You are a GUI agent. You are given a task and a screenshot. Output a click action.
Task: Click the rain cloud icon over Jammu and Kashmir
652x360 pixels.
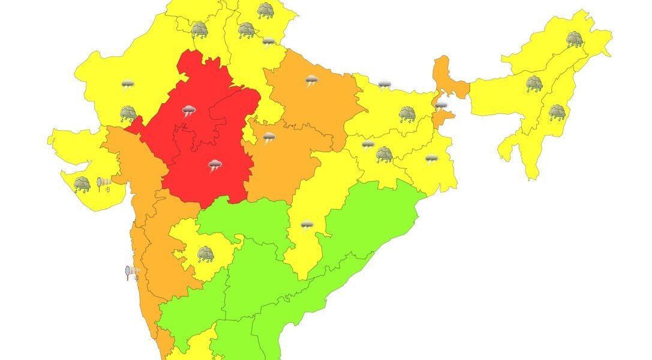[266, 10]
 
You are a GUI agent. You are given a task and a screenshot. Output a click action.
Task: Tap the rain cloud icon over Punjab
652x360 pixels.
[199, 29]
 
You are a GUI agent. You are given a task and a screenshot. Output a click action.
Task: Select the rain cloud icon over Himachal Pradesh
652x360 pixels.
[246, 30]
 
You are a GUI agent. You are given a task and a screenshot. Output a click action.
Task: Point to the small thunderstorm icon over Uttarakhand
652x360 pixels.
[269, 42]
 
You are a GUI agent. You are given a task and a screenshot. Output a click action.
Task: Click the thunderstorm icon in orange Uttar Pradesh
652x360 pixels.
[311, 81]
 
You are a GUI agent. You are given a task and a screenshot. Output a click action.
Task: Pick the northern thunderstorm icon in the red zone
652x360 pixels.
[189, 111]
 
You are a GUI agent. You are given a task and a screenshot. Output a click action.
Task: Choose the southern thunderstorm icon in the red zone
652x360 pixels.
[215, 166]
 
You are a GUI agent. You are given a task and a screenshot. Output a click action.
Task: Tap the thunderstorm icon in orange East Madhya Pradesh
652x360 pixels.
[269, 139]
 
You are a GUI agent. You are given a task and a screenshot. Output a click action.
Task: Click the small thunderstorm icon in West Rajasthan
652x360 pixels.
[128, 85]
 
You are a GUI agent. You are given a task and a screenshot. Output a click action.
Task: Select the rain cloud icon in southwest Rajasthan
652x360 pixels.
[128, 113]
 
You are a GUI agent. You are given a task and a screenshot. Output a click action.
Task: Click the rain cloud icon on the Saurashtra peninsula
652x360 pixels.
[82, 184]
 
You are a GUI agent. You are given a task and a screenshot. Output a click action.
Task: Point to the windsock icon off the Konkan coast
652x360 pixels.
[132, 273]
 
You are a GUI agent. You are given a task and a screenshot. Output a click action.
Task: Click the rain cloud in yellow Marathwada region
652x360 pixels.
[206, 254]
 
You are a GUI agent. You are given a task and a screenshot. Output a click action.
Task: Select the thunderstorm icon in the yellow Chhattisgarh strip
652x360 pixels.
[307, 226]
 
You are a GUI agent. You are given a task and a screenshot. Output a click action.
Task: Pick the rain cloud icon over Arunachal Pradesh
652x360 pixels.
[575, 40]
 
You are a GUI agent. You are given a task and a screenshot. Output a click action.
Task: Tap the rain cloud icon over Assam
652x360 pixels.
[534, 84]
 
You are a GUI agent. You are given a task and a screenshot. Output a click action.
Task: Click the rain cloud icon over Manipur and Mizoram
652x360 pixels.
[557, 112]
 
